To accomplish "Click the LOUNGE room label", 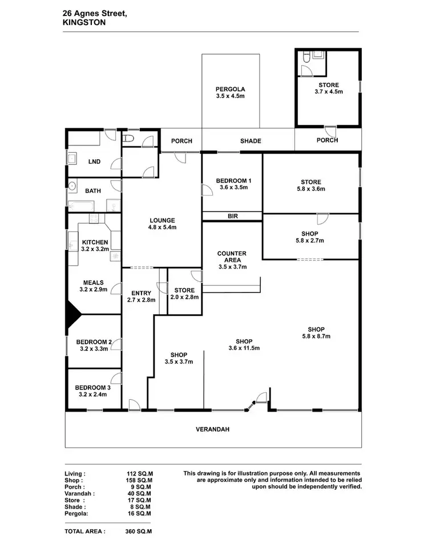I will (x=162, y=220).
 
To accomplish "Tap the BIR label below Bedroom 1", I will (x=232, y=216).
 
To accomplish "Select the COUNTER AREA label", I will (x=232, y=257).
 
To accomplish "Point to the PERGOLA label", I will (x=231, y=89).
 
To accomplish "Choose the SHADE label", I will (x=251, y=141).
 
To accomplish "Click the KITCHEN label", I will (x=95, y=242).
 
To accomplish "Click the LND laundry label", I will (x=94, y=161).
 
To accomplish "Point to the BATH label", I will (x=93, y=191).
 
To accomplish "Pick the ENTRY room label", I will (x=140, y=293).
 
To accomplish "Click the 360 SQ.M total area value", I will (x=139, y=531).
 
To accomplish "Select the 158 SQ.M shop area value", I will (x=140, y=480).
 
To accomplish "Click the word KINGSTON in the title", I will (x=84, y=23).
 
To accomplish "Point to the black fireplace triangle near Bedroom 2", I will (x=72, y=314).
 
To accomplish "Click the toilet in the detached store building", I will (x=307, y=57).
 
